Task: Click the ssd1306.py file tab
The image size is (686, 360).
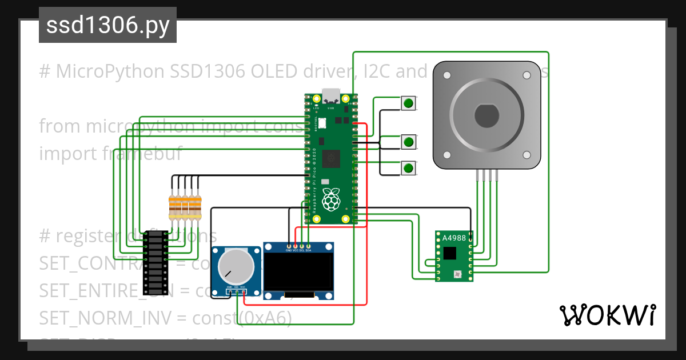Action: point(107,26)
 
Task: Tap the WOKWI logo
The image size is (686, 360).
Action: point(607,314)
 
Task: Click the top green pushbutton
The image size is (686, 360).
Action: point(408,103)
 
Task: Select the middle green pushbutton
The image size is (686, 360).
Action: point(408,141)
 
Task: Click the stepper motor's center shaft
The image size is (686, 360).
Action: point(486,116)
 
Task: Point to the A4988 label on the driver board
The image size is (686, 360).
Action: point(454,238)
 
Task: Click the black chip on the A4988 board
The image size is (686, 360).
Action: point(450,252)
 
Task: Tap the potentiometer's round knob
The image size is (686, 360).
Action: point(236,266)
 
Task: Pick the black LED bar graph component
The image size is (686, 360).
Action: point(155,262)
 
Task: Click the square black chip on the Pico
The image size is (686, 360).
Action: point(330,158)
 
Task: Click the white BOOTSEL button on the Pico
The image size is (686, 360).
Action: point(322,122)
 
